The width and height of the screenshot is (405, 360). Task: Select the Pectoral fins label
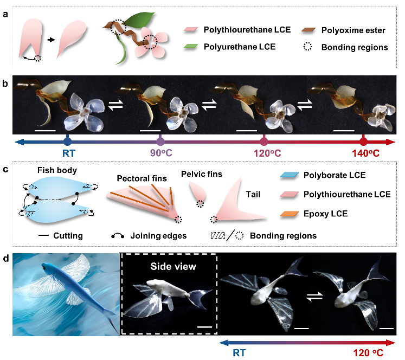(142, 178)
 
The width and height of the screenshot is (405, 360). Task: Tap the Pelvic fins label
(201, 173)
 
